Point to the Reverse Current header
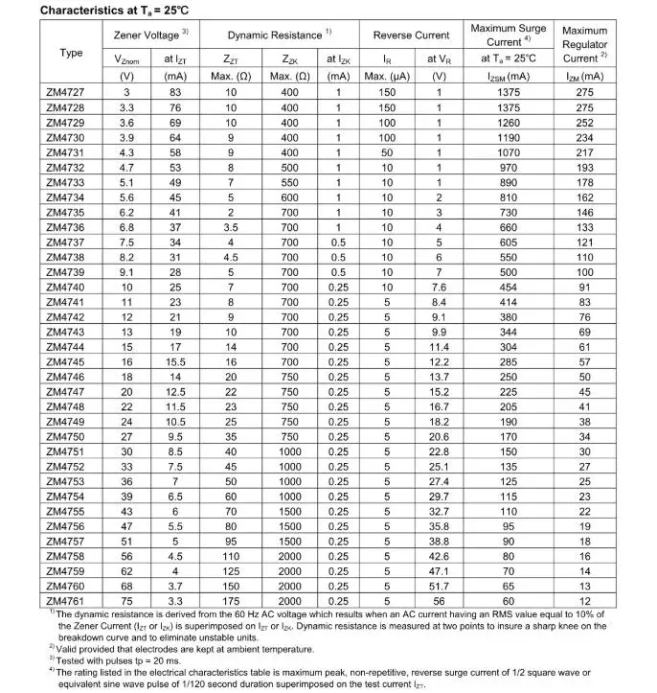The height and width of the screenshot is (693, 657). point(411,35)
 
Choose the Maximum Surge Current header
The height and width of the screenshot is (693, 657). point(508,35)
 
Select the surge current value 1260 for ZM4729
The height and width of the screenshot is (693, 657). point(508,123)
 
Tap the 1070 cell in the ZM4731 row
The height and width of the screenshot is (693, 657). point(508,152)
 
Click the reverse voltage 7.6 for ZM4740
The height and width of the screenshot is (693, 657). point(439,287)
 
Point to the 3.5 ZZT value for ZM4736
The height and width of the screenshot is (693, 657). point(231,227)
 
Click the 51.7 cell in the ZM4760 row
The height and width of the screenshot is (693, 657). point(439,586)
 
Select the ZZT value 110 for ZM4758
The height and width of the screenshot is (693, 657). point(231,556)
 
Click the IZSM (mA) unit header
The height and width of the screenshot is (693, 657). point(508,77)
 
